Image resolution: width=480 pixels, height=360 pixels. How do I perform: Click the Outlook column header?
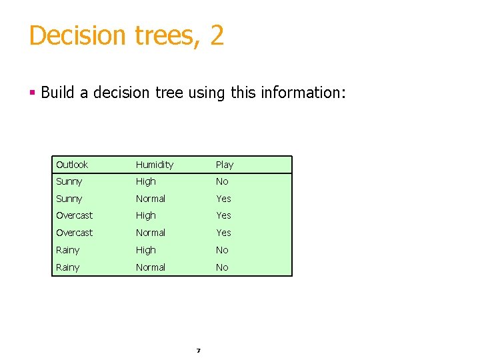click(72, 165)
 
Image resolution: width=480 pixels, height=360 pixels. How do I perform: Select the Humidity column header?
click(154, 165)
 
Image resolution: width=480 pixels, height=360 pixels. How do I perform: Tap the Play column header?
click(224, 165)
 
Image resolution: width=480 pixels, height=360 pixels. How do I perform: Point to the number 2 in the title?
click(217, 35)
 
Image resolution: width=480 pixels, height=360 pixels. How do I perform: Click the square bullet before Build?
click(32, 92)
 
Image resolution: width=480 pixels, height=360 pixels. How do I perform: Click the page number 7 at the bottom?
click(198, 350)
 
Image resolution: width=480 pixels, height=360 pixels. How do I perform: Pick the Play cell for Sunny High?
click(222, 181)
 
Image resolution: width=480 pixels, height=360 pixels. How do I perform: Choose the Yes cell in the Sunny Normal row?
click(223, 199)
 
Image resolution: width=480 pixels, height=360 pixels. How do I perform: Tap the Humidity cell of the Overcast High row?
click(145, 215)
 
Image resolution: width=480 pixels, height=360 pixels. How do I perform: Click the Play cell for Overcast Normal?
click(223, 233)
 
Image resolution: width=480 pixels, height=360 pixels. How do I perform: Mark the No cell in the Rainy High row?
click(222, 250)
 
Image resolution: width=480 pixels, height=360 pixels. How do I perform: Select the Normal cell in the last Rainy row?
click(150, 267)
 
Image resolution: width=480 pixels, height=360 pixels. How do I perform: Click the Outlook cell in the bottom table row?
click(67, 267)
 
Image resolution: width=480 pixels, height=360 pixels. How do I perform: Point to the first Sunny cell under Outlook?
click(69, 181)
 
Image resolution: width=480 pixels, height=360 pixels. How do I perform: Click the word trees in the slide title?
click(163, 35)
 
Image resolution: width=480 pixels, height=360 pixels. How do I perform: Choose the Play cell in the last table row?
click(222, 267)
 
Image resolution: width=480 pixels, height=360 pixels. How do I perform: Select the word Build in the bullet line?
click(57, 92)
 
